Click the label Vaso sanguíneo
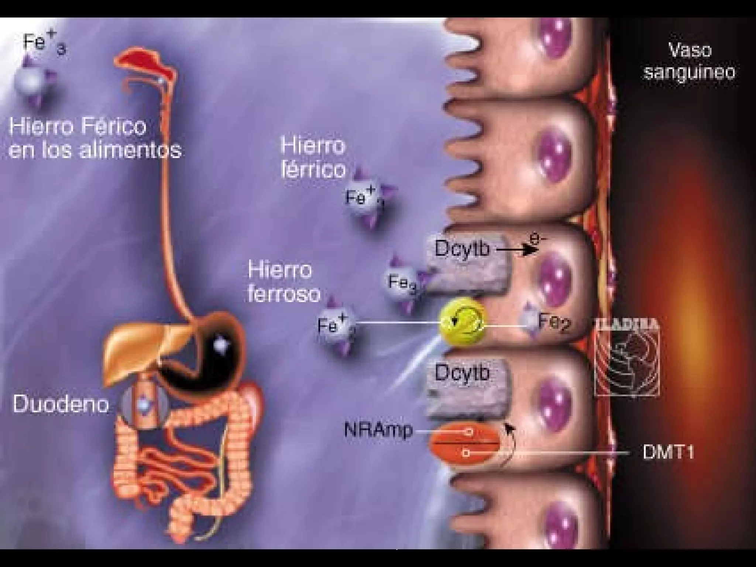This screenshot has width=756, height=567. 689,61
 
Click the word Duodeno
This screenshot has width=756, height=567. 61,405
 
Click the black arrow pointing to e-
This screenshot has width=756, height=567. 517,251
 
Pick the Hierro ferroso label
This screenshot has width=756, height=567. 283,283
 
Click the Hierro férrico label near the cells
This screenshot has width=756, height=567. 313,158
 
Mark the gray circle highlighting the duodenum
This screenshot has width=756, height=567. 142,405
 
